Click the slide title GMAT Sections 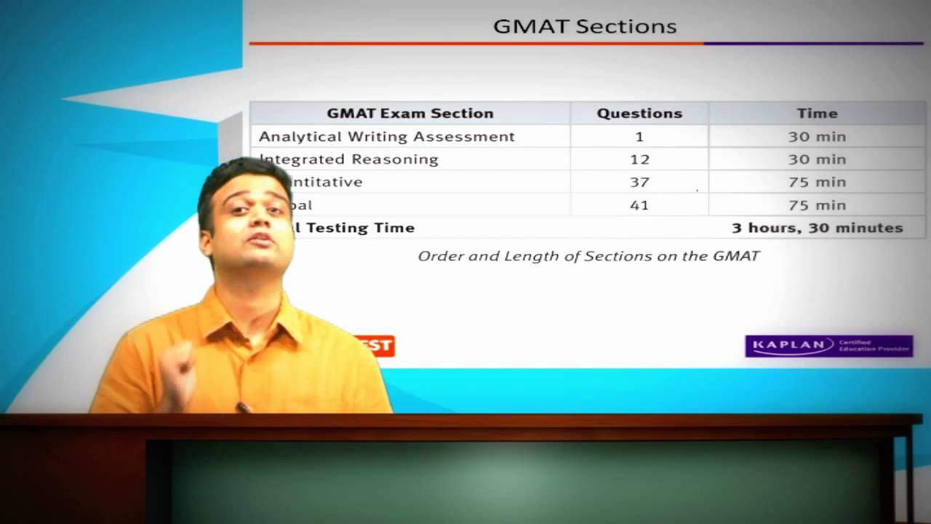[x=585, y=27]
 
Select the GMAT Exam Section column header [x=409, y=114]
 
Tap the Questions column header [x=639, y=114]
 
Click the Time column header [x=817, y=114]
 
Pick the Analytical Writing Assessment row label [x=387, y=137]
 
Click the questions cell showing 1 [x=639, y=137]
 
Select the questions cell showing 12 [x=639, y=159]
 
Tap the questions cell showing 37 [x=639, y=182]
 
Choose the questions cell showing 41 [x=639, y=205]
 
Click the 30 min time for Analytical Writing [x=817, y=137]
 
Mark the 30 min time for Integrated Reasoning [x=817, y=159]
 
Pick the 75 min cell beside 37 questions [x=817, y=182]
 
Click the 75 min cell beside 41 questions [x=817, y=205]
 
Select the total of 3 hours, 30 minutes [x=817, y=228]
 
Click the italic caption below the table [x=588, y=256]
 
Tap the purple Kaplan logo [x=828, y=346]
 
